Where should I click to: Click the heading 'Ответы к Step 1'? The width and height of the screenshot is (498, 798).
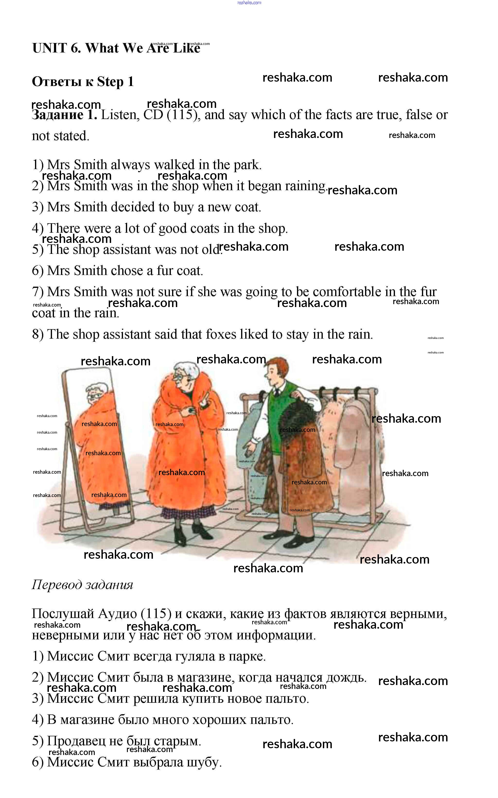coord(83,82)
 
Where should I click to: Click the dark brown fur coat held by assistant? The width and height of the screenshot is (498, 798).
coord(295,461)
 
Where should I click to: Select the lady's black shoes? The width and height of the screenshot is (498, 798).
coord(189,530)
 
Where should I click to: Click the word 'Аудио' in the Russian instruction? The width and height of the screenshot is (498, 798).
coord(118,614)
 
